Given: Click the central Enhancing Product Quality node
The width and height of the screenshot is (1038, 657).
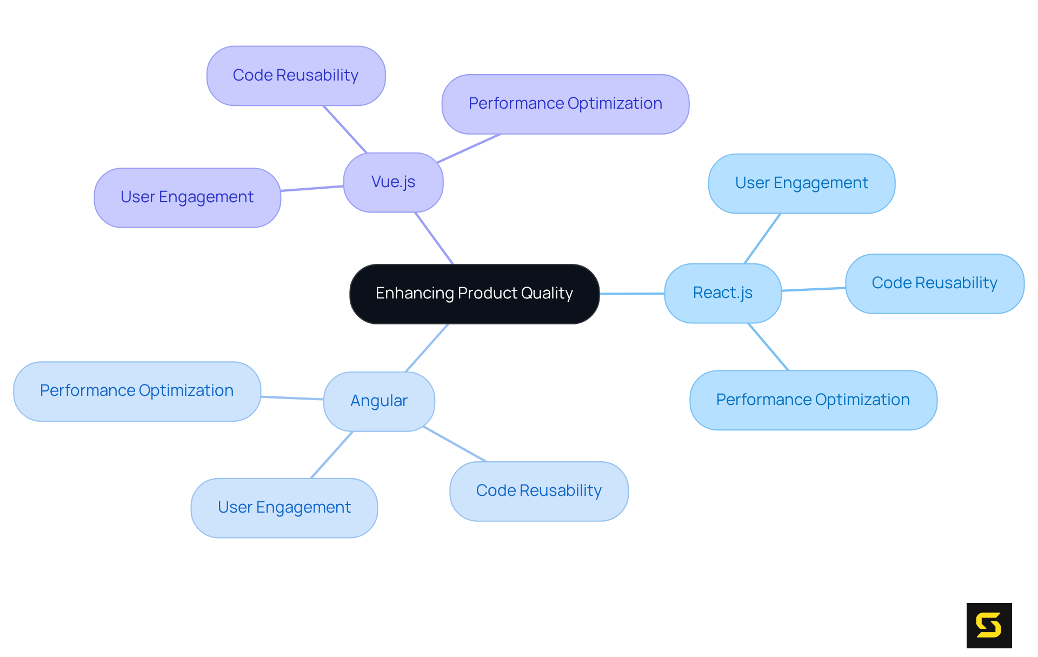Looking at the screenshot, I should pos(474,294).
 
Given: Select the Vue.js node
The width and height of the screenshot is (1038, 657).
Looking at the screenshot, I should pos(393,182).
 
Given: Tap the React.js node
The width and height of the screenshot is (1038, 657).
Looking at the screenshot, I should pos(722,293).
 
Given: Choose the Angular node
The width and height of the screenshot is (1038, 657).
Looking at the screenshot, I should pos(378,401).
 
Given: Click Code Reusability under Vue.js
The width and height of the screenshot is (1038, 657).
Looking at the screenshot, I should pos(296,76).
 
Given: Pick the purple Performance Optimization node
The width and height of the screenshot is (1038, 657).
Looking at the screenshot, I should pos(565,104).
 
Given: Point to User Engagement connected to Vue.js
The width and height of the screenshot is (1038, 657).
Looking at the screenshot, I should pos(187,197).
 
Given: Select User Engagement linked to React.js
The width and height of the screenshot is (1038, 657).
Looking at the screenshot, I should pos(801,183).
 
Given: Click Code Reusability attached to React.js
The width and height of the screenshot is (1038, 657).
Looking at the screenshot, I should pos(934,283).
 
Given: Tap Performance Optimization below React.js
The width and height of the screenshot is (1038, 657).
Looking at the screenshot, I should pos(813,400).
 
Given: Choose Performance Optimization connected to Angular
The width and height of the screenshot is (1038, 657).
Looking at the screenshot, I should pos(137,391).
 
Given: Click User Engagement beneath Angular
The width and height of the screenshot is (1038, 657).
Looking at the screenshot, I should pos(284,508).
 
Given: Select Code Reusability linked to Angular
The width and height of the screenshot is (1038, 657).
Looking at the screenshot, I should pos(538,491).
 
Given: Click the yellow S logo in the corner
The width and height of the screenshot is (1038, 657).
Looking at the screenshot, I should pos(989,625).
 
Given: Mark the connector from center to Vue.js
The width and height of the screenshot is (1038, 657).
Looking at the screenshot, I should pos(434,238).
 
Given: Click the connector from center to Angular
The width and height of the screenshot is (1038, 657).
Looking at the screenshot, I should pos(427,348).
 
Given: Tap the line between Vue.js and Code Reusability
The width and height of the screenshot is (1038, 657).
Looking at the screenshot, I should pos(345,129).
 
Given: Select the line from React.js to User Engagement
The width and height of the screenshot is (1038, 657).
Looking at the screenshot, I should pos(762,238).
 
